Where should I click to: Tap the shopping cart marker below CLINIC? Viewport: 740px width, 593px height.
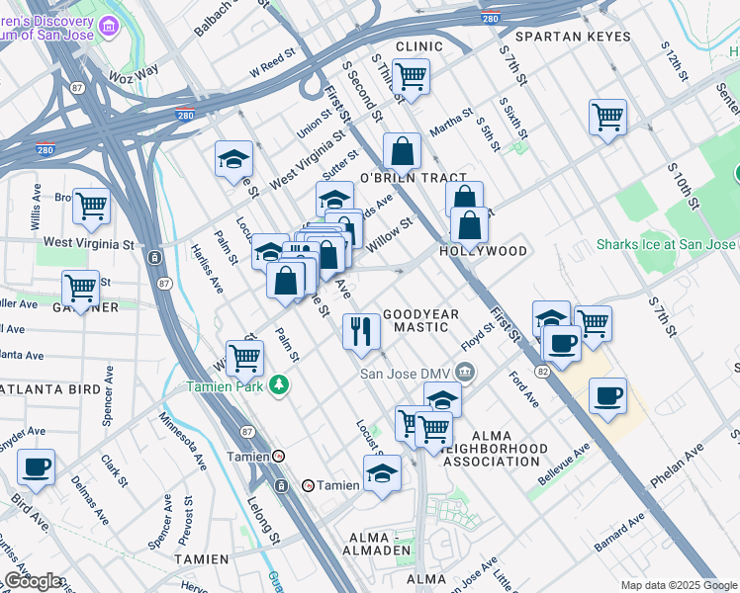point(411,76)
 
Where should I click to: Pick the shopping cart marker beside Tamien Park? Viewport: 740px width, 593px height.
point(244,358)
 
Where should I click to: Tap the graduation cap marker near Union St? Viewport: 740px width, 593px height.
point(234,158)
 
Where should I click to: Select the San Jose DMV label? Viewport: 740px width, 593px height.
point(406,374)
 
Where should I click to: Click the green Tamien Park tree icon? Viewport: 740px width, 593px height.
point(281,384)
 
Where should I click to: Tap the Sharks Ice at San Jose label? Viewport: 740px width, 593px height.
point(666,244)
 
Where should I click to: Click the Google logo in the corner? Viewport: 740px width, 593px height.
point(34,581)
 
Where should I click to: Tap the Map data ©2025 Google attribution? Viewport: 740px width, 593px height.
point(678,585)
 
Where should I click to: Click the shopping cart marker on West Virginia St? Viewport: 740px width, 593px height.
point(91,207)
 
